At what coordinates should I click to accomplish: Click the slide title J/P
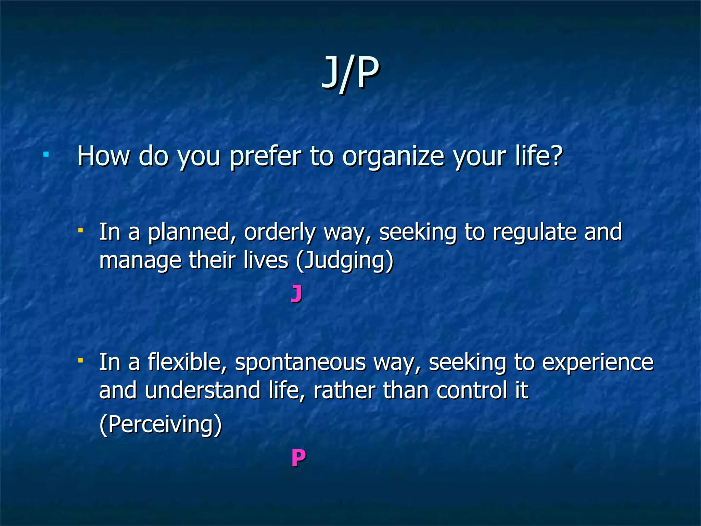[x=350, y=73]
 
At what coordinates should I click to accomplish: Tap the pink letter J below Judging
[x=296, y=294]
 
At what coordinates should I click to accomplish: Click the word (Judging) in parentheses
[x=345, y=261]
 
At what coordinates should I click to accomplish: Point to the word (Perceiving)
[x=161, y=425]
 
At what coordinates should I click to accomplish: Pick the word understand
[x=202, y=390]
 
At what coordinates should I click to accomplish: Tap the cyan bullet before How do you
[x=46, y=155]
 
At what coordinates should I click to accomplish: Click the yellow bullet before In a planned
[x=81, y=230]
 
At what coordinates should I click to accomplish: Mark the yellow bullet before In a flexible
[x=81, y=360]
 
